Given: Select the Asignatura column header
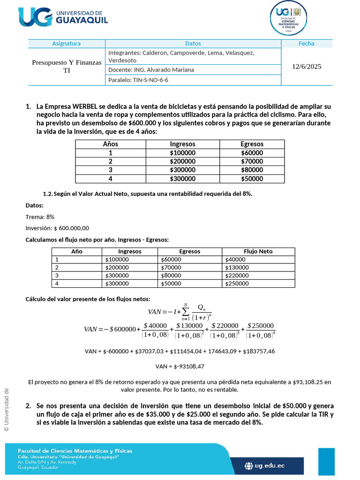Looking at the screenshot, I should pyautogui.click(x=66, y=44).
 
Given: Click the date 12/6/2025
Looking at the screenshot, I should pyautogui.click(x=307, y=67).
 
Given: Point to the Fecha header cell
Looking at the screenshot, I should pyautogui.click(x=307, y=44).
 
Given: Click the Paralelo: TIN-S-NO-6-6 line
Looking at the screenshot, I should pyautogui.click(x=138, y=80).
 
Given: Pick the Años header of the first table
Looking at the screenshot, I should pyautogui.click(x=111, y=144).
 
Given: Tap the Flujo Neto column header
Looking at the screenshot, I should pyautogui.click(x=258, y=251).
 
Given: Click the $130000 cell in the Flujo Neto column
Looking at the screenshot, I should pyautogui.click(x=237, y=268).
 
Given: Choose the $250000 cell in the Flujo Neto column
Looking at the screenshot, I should pyautogui.click(x=237, y=283).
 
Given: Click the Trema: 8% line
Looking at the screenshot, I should pyautogui.click(x=40, y=217).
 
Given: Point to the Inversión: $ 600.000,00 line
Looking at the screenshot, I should pyautogui.click(x=57, y=228).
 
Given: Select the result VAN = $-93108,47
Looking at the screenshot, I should pyautogui.click(x=180, y=367).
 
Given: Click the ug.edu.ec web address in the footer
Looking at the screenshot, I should pyautogui.click(x=270, y=465).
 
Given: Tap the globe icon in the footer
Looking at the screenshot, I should pyautogui.click(x=249, y=465).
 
